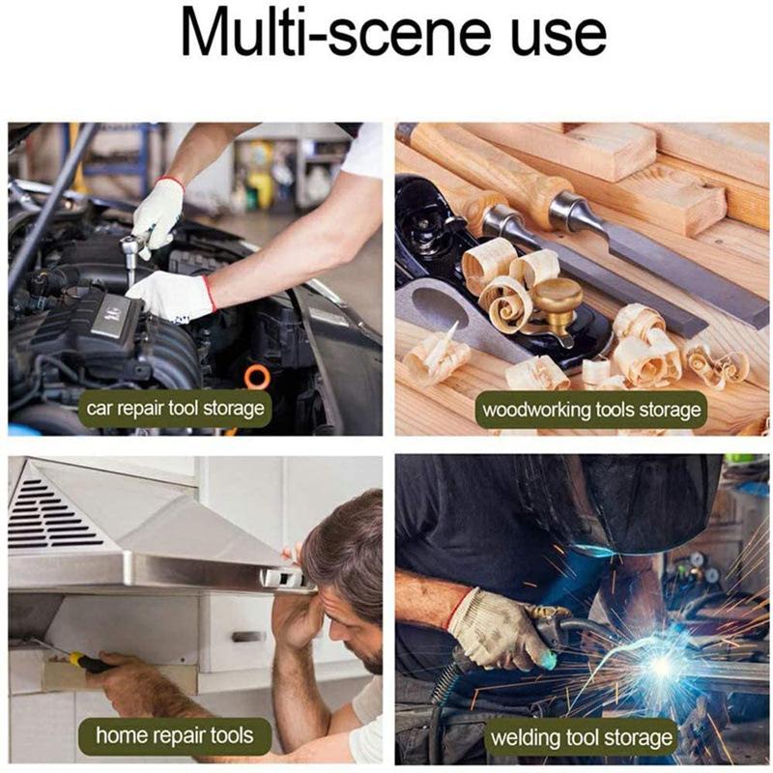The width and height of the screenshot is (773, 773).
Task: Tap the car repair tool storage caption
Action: click(175, 409)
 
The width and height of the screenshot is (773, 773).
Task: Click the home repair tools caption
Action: click(174, 737)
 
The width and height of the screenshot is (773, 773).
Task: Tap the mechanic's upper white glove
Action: click(157, 208)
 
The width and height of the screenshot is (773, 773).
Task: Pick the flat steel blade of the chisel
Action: click(628, 290)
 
